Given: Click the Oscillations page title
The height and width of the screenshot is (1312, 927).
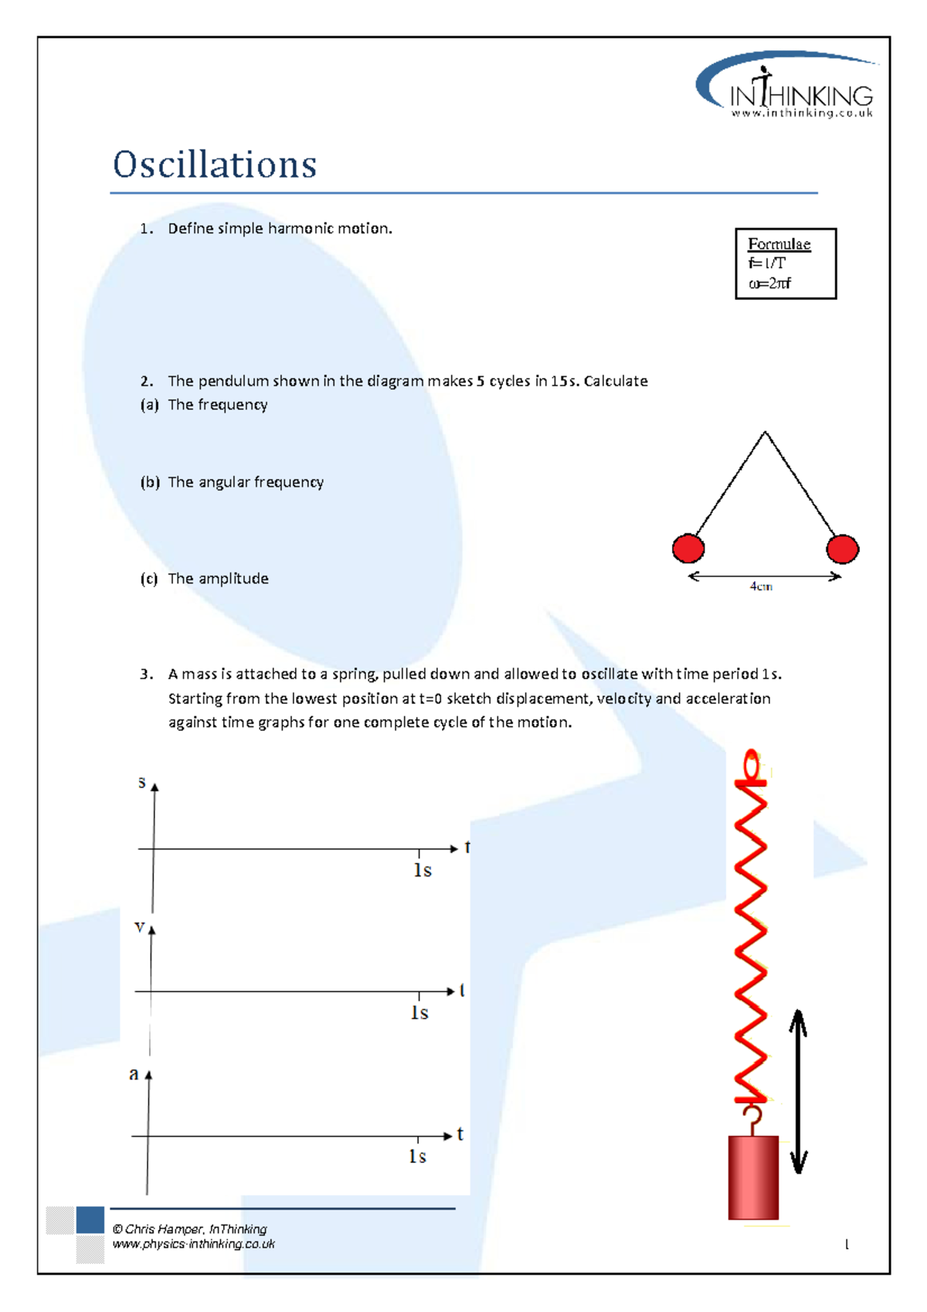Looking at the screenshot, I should [215, 165].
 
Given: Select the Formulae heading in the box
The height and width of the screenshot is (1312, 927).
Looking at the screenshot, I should [779, 244].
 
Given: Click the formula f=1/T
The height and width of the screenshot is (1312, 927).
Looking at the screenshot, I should [766, 263].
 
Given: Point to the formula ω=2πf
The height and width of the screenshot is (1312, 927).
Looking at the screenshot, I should [769, 284].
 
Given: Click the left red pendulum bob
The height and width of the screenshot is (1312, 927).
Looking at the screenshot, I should [688, 549].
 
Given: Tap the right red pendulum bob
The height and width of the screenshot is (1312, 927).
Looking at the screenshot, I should [842, 549].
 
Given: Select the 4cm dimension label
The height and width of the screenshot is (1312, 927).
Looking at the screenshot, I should [761, 586].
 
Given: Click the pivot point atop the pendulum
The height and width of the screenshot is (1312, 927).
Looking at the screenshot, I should [765, 433].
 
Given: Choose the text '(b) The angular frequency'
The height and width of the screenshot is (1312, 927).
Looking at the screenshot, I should [232, 482].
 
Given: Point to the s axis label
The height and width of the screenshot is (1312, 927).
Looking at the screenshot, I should [141, 782].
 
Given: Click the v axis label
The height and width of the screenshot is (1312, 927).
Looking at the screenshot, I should [139, 926].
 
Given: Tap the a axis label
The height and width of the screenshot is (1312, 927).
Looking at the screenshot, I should [134, 1074].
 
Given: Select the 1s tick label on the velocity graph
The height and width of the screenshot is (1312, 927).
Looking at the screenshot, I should [419, 1013].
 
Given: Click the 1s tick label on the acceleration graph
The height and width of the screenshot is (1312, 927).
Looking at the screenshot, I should [417, 1157].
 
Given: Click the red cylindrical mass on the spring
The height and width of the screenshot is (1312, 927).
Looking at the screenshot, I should [753, 1178].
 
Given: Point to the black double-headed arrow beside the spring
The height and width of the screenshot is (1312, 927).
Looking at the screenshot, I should [798, 1091].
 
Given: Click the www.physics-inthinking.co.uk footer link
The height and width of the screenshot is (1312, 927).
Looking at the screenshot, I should [193, 1244].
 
